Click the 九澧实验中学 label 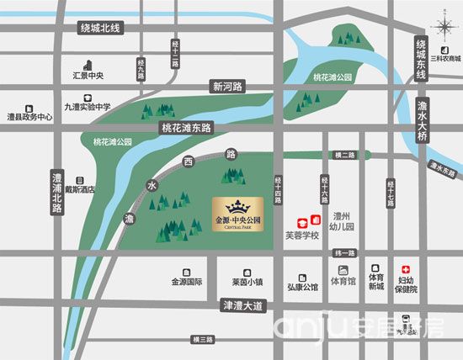click(x=88, y=107)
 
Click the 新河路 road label click(x=227, y=87)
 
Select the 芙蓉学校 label click(x=304, y=236)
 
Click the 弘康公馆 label click(x=301, y=288)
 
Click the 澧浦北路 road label click(x=57, y=193)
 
